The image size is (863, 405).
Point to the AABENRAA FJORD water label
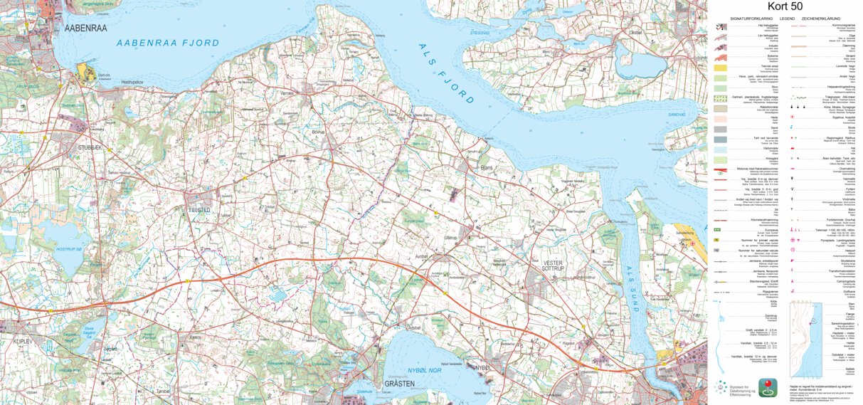pos(169,43)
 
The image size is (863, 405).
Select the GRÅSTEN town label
pos(399,383)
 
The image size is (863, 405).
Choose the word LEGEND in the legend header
pos(787,18)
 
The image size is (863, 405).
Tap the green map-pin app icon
pos(767,388)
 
